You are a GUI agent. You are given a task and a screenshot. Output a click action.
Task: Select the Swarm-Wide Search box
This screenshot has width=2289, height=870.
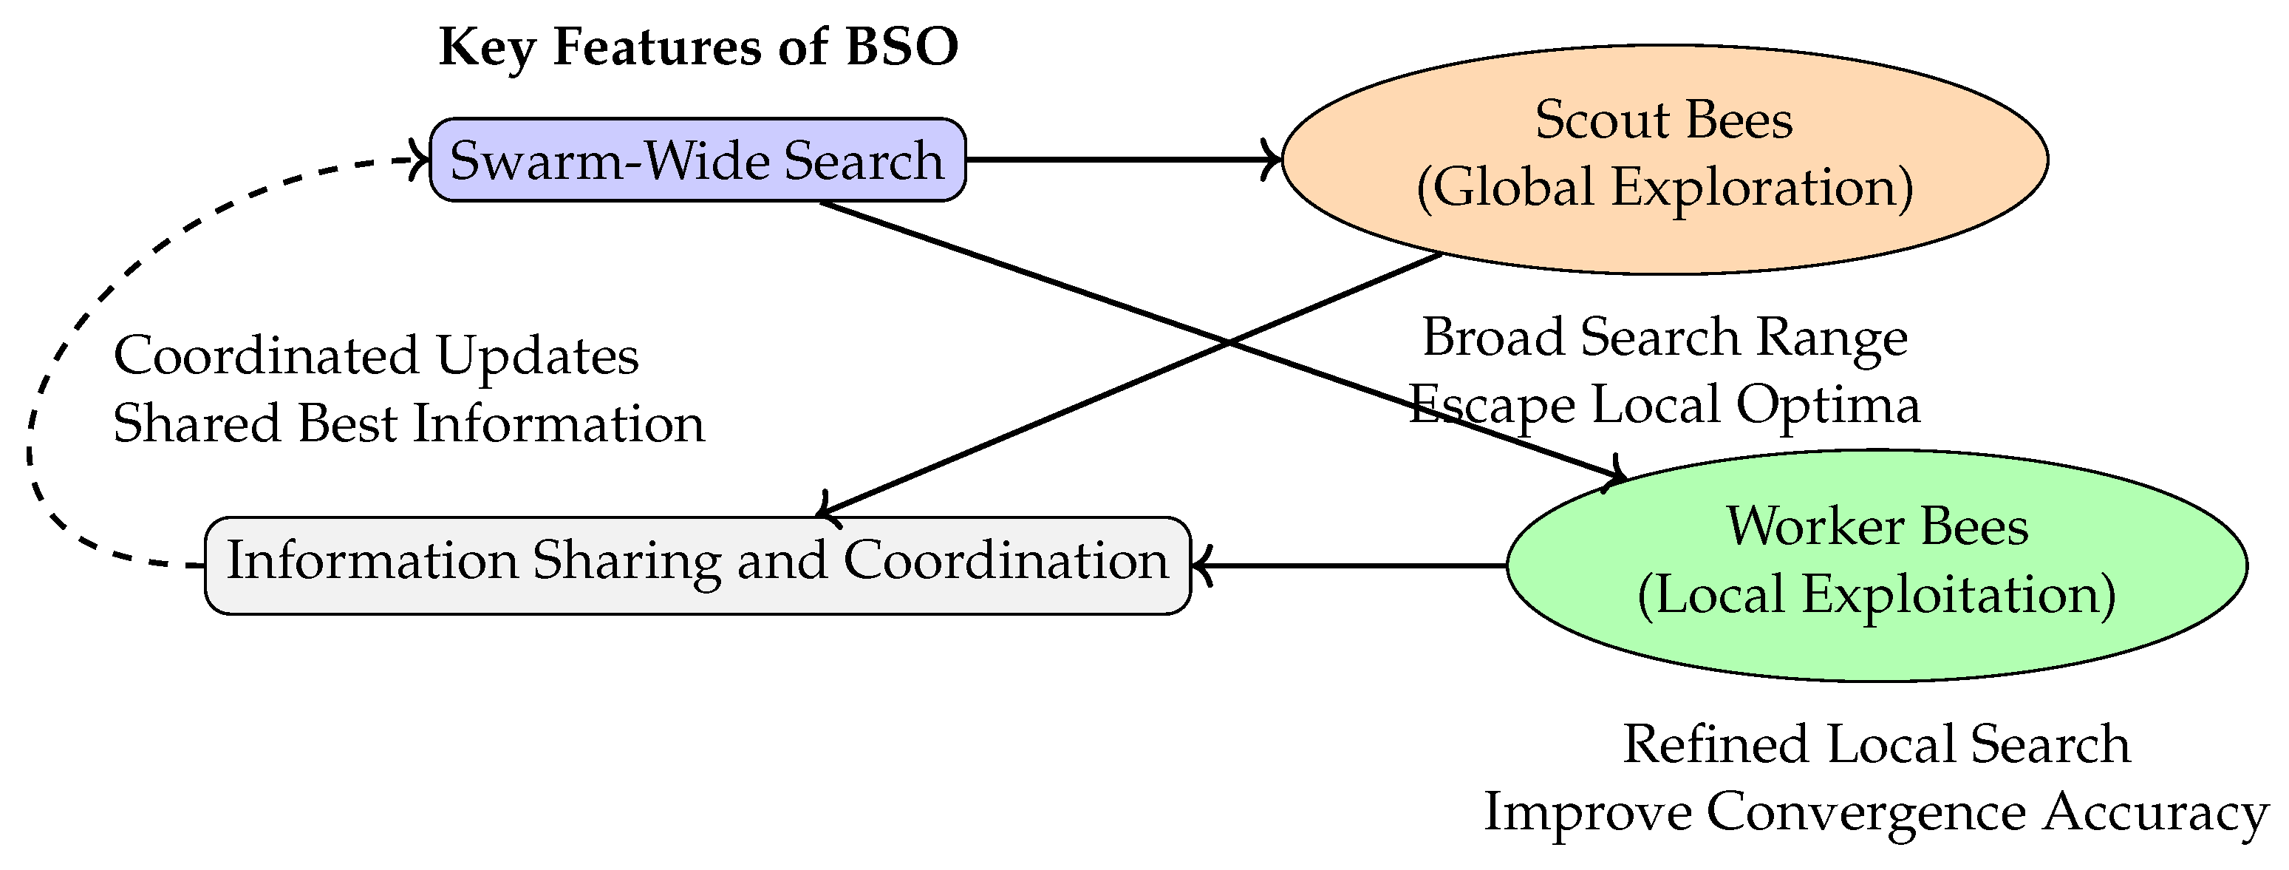pyautogui.click(x=697, y=160)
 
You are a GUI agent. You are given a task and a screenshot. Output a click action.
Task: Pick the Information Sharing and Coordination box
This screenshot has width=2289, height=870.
pyautogui.click(x=697, y=565)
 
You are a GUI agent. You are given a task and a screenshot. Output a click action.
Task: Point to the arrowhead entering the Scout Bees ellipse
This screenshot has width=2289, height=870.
pyautogui.click(x=1273, y=160)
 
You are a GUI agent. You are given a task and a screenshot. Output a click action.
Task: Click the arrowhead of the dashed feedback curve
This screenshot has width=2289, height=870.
pyautogui.click(x=422, y=160)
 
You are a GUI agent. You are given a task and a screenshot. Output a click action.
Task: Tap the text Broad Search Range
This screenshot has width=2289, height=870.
pyautogui.click(x=1665, y=338)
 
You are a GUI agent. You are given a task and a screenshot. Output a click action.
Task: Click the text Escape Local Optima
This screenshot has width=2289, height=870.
pyautogui.click(x=1665, y=405)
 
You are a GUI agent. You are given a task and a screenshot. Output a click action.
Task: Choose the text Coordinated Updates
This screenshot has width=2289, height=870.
pyautogui.click(x=376, y=356)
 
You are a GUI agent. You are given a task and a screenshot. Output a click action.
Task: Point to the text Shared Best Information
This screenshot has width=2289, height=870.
pyautogui.click(x=409, y=423)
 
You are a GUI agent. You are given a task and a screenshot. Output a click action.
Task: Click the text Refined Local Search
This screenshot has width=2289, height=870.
pyautogui.click(x=1877, y=744)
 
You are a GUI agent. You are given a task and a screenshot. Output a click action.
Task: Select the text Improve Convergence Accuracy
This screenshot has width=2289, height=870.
pyautogui.click(x=1877, y=812)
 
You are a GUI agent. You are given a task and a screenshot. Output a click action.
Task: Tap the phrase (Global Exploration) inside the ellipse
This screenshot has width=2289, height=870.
pyautogui.click(x=1665, y=188)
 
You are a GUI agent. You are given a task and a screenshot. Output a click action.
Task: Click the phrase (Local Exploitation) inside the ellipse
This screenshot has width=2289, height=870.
pyautogui.click(x=1877, y=594)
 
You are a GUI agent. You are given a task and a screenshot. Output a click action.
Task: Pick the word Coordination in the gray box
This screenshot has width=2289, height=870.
pyautogui.click(x=1005, y=561)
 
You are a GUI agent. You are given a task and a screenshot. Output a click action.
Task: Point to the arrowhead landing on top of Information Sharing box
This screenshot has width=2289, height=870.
pyautogui.click(x=824, y=509)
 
